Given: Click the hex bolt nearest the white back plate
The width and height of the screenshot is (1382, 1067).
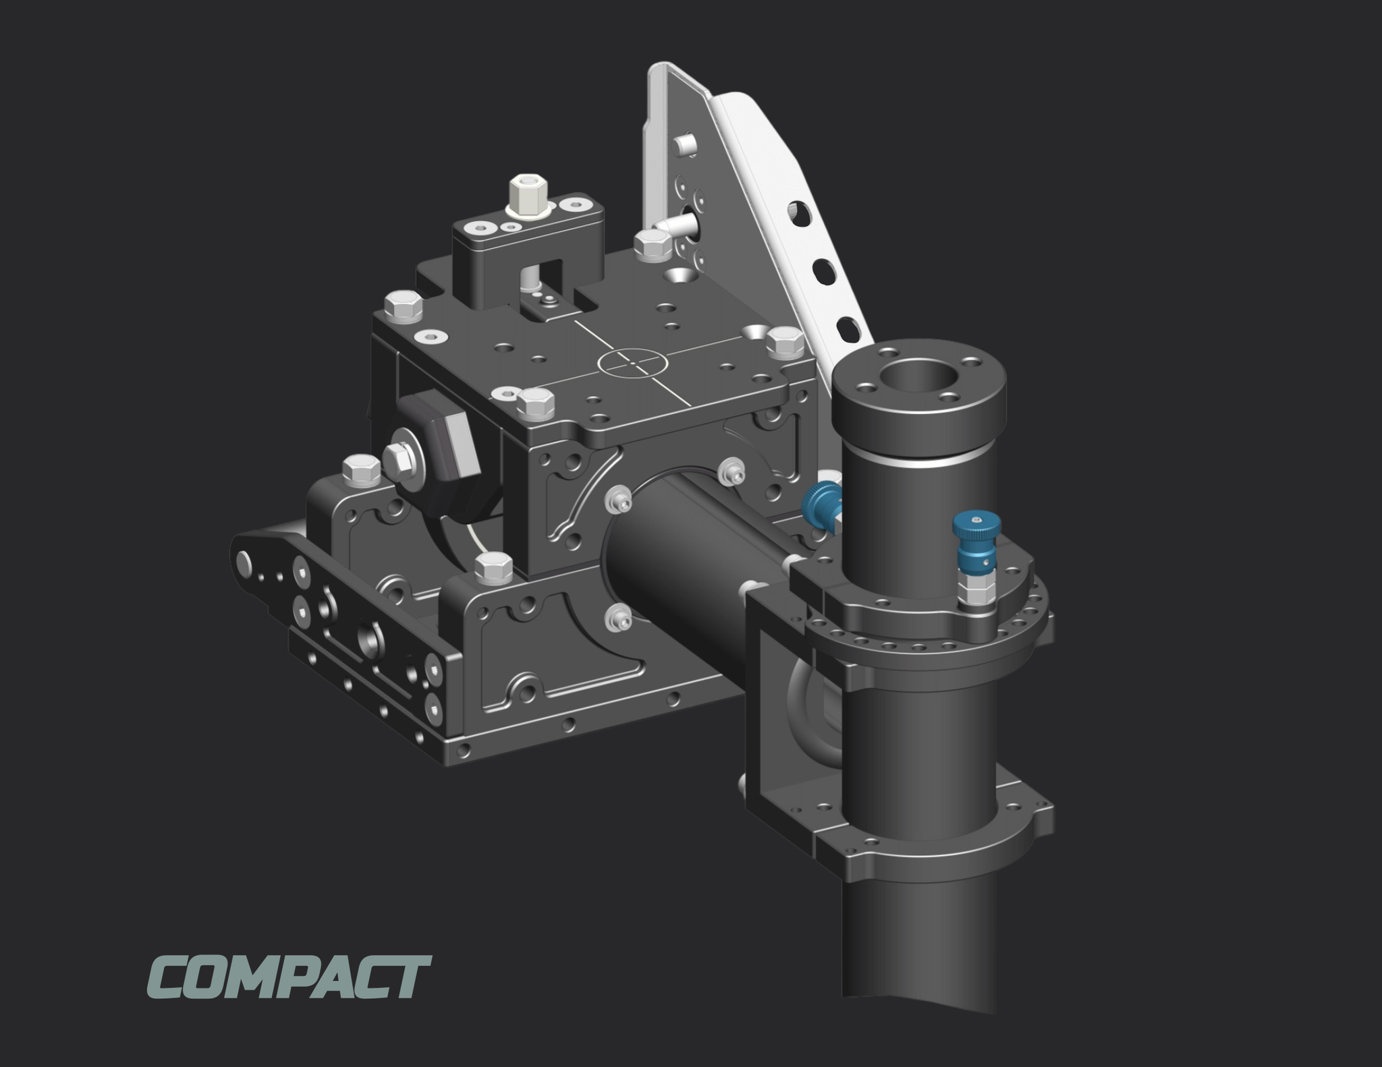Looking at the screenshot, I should pyautogui.click(x=652, y=245).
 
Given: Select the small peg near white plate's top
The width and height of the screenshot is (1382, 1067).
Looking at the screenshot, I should pyautogui.click(x=685, y=144).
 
